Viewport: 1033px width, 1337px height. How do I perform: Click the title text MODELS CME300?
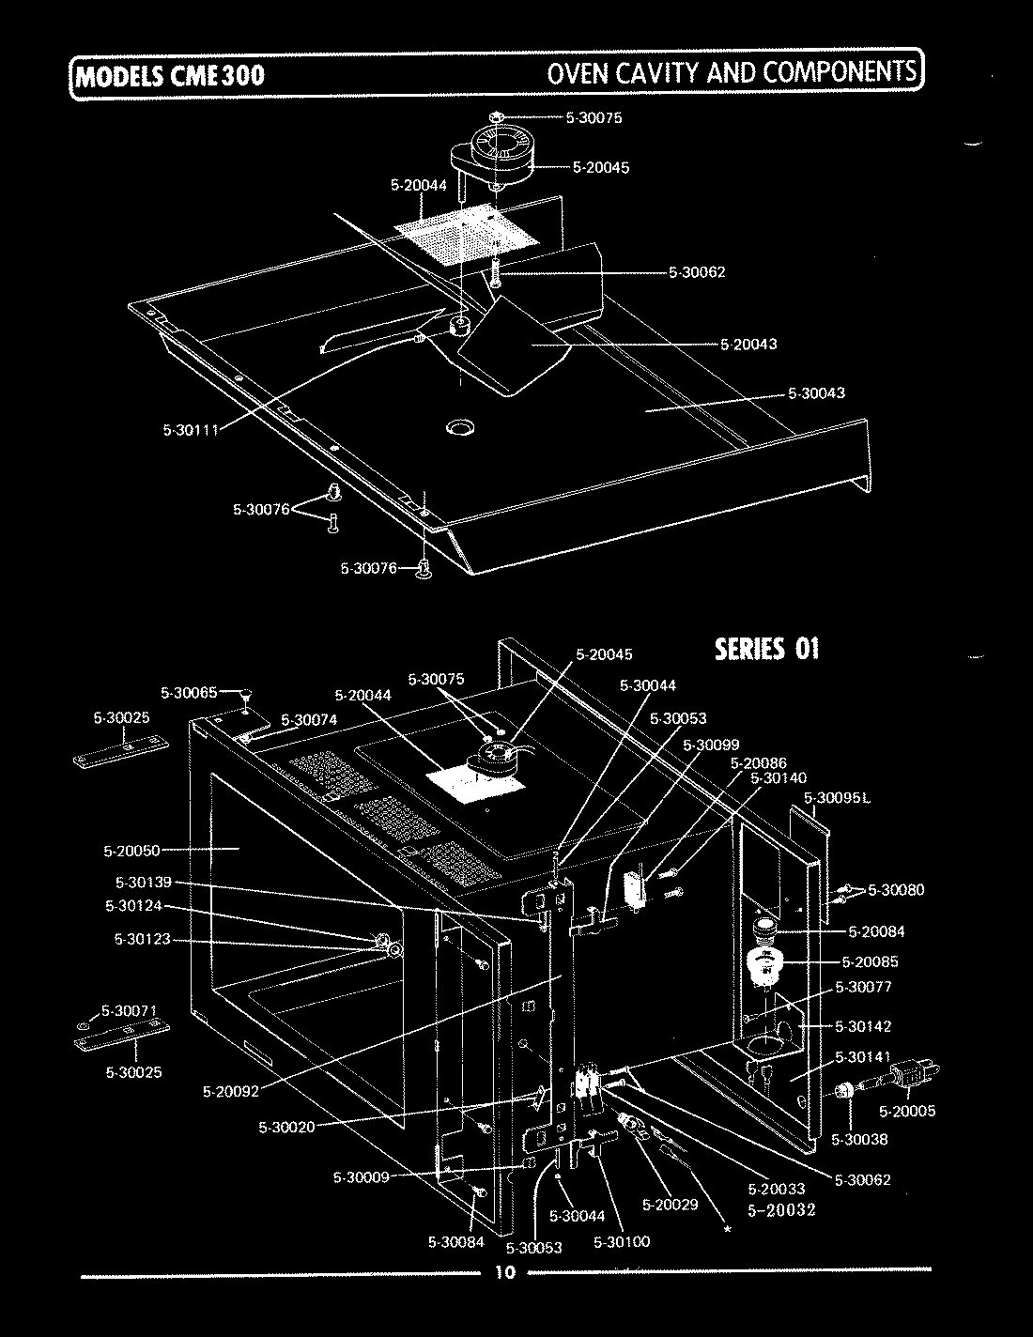pyautogui.click(x=170, y=74)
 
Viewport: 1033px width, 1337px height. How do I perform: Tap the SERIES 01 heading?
pyautogui.click(x=767, y=649)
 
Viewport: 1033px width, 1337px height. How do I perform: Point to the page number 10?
pyautogui.click(x=504, y=1273)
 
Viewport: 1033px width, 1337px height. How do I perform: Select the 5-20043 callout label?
pyautogui.click(x=748, y=344)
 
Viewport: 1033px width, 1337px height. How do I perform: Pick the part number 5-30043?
pyautogui.click(x=816, y=392)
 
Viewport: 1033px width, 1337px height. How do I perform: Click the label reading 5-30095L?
pyautogui.click(x=839, y=798)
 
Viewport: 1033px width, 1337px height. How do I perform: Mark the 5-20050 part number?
pyautogui.click(x=131, y=851)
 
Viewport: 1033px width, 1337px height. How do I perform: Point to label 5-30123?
pyautogui.click(x=142, y=939)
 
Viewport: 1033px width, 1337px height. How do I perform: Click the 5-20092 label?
pyautogui.click(x=231, y=1091)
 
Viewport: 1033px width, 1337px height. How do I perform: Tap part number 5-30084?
pyautogui.click(x=455, y=1243)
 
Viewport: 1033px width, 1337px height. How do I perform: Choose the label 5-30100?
pyautogui.click(x=622, y=1241)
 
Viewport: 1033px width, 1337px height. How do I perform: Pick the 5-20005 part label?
pyautogui.click(x=907, y=1111)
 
